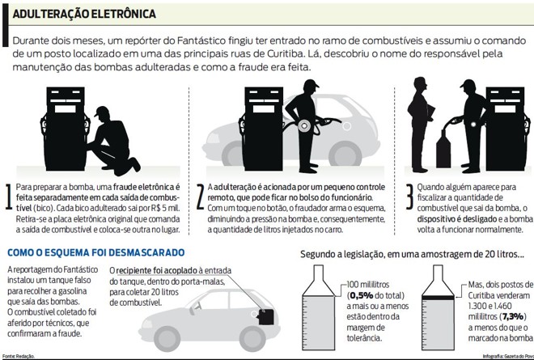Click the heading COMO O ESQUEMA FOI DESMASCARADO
tap(95, 253)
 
